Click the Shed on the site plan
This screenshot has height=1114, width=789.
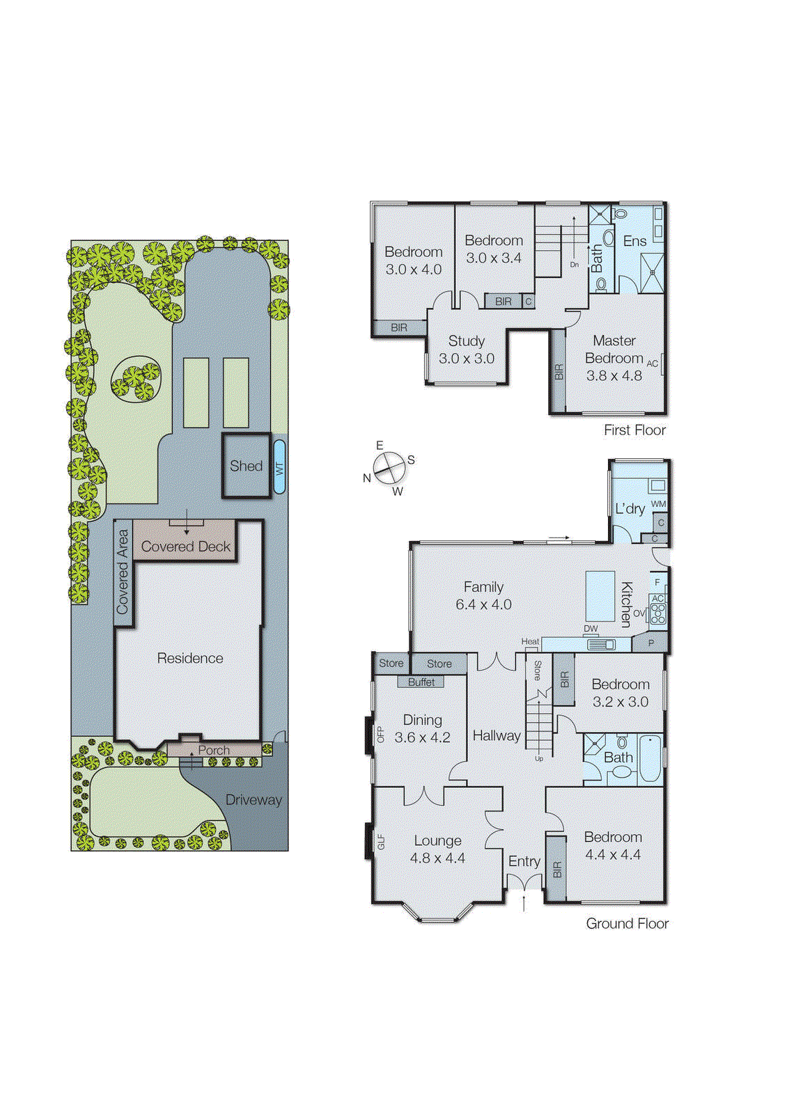246,466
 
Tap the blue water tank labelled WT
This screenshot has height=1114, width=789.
279,467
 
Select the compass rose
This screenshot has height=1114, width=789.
389,468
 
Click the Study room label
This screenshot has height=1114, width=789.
466,341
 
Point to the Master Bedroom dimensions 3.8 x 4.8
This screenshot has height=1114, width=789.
614,376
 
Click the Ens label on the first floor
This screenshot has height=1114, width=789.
634,242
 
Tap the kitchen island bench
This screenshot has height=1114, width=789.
600,596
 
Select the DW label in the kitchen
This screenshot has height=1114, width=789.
591,629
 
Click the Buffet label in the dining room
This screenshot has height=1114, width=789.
421,682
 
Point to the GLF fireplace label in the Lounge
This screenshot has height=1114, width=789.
381,842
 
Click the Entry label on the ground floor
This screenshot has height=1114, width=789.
524,862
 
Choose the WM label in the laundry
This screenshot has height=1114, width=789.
658,504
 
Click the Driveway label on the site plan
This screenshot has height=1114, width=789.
253,800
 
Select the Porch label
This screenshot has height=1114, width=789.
214,751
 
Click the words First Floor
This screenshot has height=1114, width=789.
634,430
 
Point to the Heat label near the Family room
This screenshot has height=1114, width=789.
530,641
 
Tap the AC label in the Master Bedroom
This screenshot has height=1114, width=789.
653,363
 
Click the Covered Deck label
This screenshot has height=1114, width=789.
185,547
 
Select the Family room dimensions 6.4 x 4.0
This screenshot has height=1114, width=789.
483,605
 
